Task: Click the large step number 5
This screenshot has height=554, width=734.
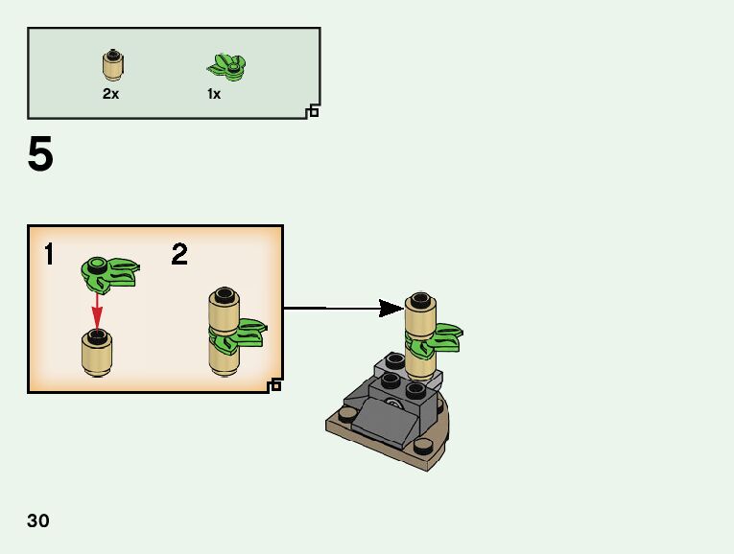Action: point(40,155)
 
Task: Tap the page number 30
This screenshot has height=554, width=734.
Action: point(38,521)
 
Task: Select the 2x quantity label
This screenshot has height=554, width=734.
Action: point(112,94)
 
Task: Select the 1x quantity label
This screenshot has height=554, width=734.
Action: point(214,94)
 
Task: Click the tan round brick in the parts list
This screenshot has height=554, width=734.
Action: point(113,65)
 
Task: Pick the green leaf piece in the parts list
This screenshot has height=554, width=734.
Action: point(226,66)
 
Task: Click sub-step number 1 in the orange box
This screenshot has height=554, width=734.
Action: point(48,255)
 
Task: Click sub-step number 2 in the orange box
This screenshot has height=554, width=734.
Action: point(179,255)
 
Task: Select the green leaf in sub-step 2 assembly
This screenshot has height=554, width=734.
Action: point(242,332)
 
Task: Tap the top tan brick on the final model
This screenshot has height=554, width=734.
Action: point(420,312)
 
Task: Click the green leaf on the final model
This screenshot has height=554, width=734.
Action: point(442,338)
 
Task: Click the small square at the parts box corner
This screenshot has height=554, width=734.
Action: point(312,112)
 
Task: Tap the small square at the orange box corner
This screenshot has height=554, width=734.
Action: point(275,385)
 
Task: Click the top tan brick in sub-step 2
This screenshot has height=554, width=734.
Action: point(224,308)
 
